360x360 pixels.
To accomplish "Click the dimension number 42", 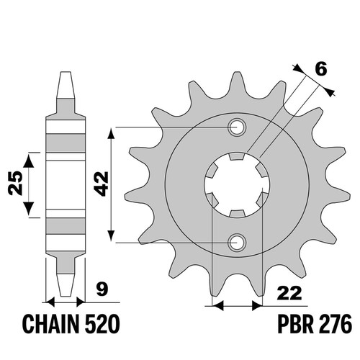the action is pyautogui.click(x=101, y=184).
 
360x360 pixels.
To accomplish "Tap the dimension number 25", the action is pyautogui.click(x=15, y=183).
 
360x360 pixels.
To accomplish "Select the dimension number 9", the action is pyautogui.click(x=102, y=289).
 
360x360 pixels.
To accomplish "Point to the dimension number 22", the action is pyautogui.click(x=289, y=293).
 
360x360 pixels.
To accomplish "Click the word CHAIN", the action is pyautogui.click(x=51, y=324).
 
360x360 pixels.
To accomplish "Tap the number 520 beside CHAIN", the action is pyautogui.click(x=102, y=324).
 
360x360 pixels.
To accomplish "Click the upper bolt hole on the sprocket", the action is pyautogui.click(x=237, y=127).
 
